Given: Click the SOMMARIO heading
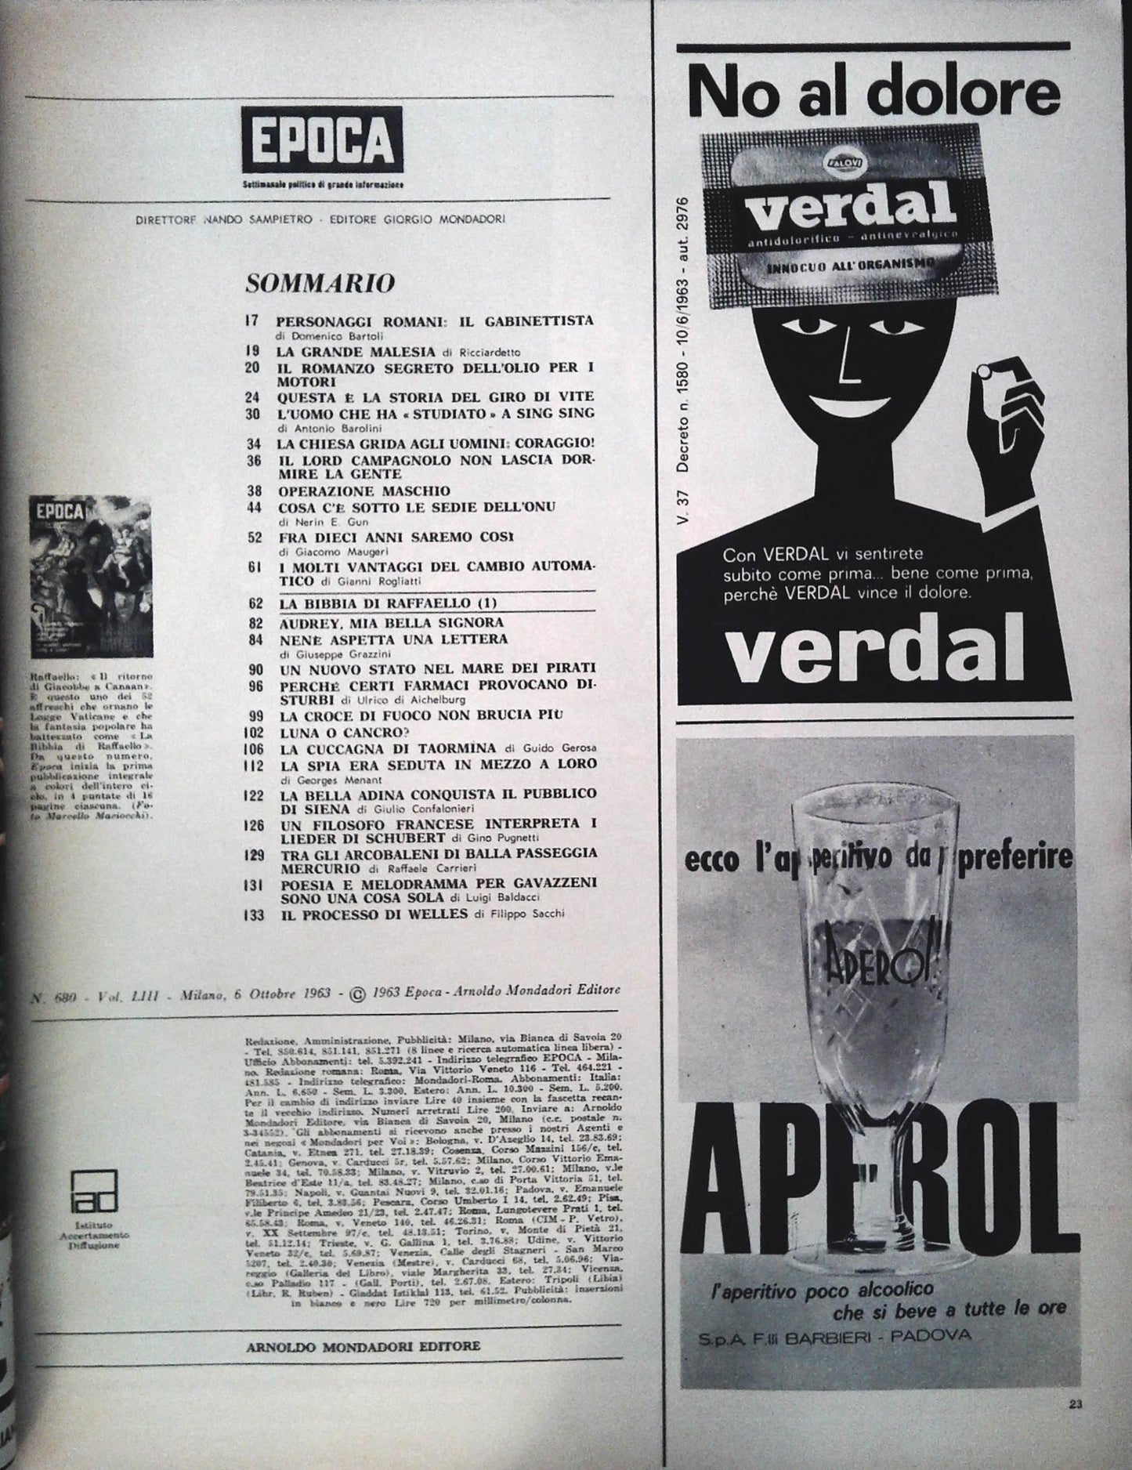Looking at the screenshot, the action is pos(320,283).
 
